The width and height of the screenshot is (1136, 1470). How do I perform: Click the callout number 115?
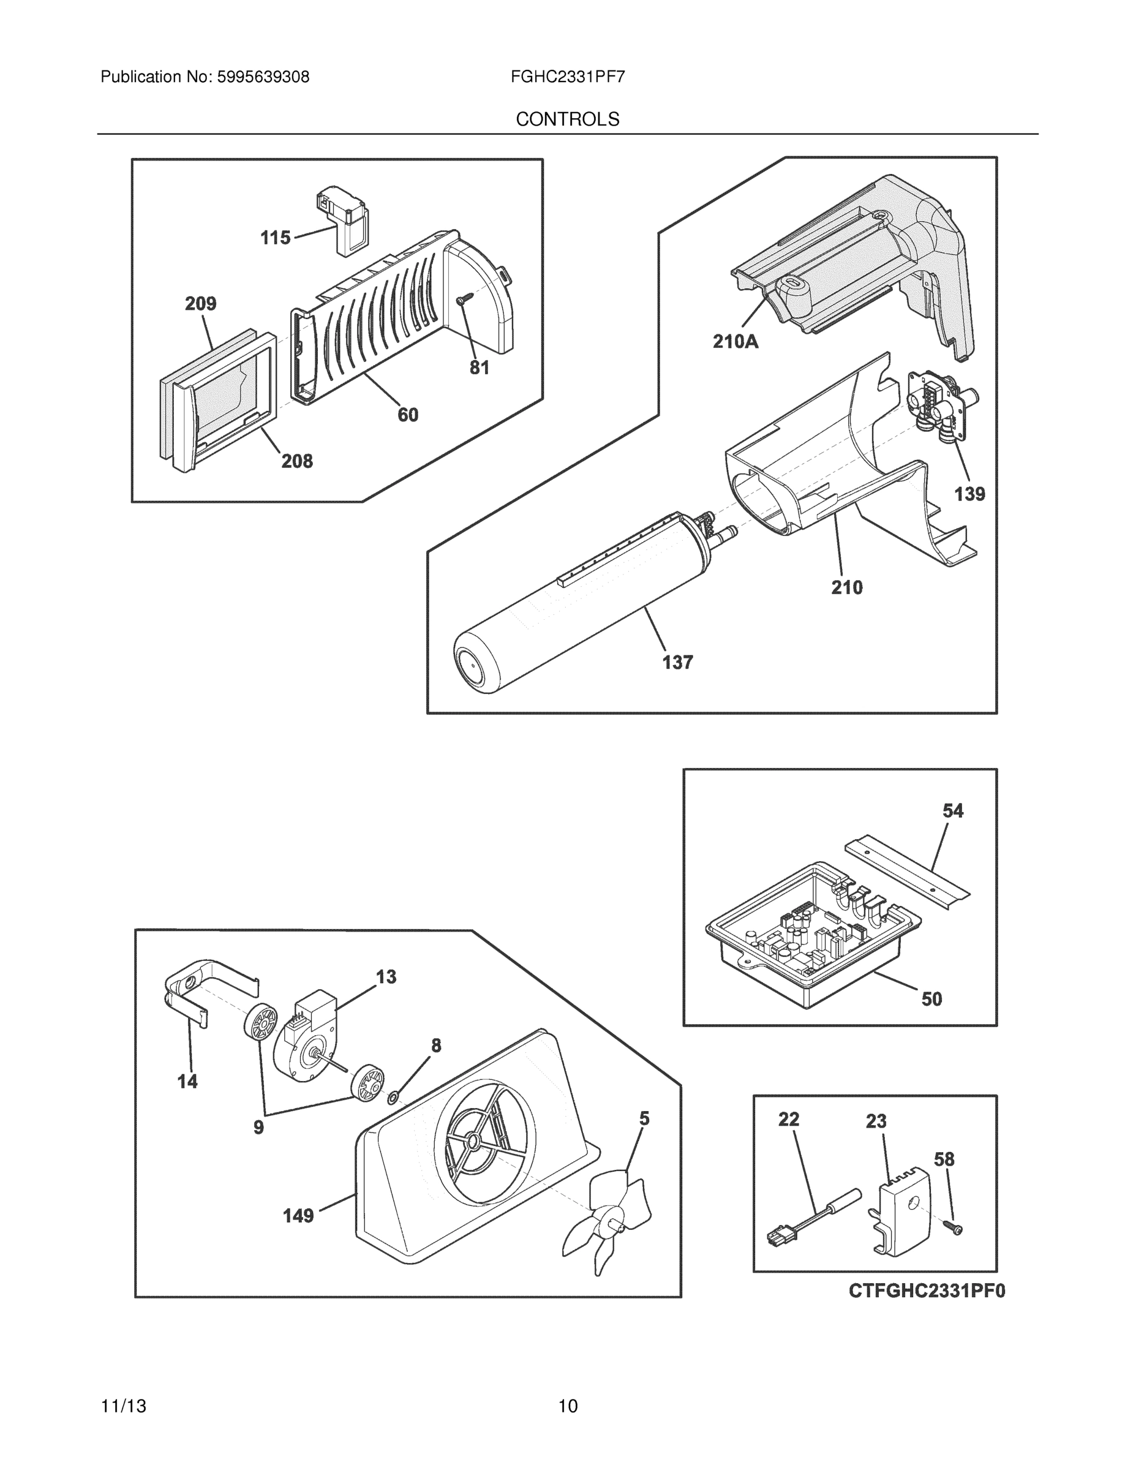point(275,238)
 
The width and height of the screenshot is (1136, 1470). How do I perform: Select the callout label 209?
point(200,304)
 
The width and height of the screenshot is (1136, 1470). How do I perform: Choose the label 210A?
point(735,342)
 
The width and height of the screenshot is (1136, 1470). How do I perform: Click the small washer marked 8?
point(393,1098)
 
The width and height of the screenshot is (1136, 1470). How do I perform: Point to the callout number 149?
point(298,1216)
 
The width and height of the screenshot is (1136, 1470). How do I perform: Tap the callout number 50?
point(931,999)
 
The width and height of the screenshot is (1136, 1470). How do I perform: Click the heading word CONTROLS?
point(567,119)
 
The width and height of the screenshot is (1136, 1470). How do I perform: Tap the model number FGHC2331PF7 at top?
point(567,77)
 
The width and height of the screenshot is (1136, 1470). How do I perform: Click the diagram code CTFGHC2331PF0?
point(927,1291)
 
